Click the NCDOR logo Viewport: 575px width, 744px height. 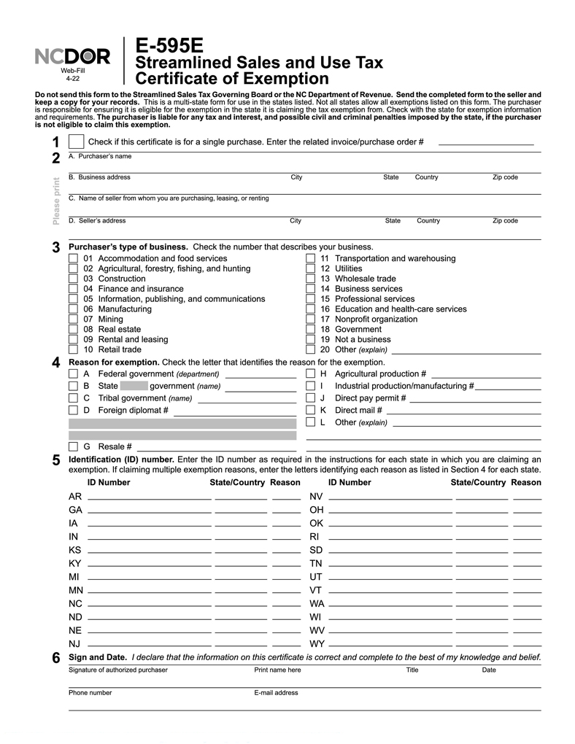click(72, 57)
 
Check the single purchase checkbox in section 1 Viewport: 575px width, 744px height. click(76, 142)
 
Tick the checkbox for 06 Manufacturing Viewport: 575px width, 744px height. click(73, 309)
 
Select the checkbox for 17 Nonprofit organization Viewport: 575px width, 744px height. click(310, 319)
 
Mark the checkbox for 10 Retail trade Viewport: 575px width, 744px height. click(73, 350)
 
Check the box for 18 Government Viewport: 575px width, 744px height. click(310, 330)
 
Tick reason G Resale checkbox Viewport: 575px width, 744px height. click(73, 446)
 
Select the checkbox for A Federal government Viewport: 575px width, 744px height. click(73, 374)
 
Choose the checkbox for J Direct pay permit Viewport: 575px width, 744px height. click(310, 398)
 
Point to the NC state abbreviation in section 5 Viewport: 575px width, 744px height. click(75, 604)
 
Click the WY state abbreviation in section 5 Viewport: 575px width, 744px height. click(317, 644)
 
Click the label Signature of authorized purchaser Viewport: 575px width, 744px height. click(118, 670)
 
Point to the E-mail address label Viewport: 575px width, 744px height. click(276, 693)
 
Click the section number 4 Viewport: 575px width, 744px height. click(56, 363)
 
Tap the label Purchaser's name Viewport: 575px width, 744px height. click(100, 156)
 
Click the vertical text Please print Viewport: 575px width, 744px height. click(57, 201)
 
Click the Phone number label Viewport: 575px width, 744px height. click(90, 693)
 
